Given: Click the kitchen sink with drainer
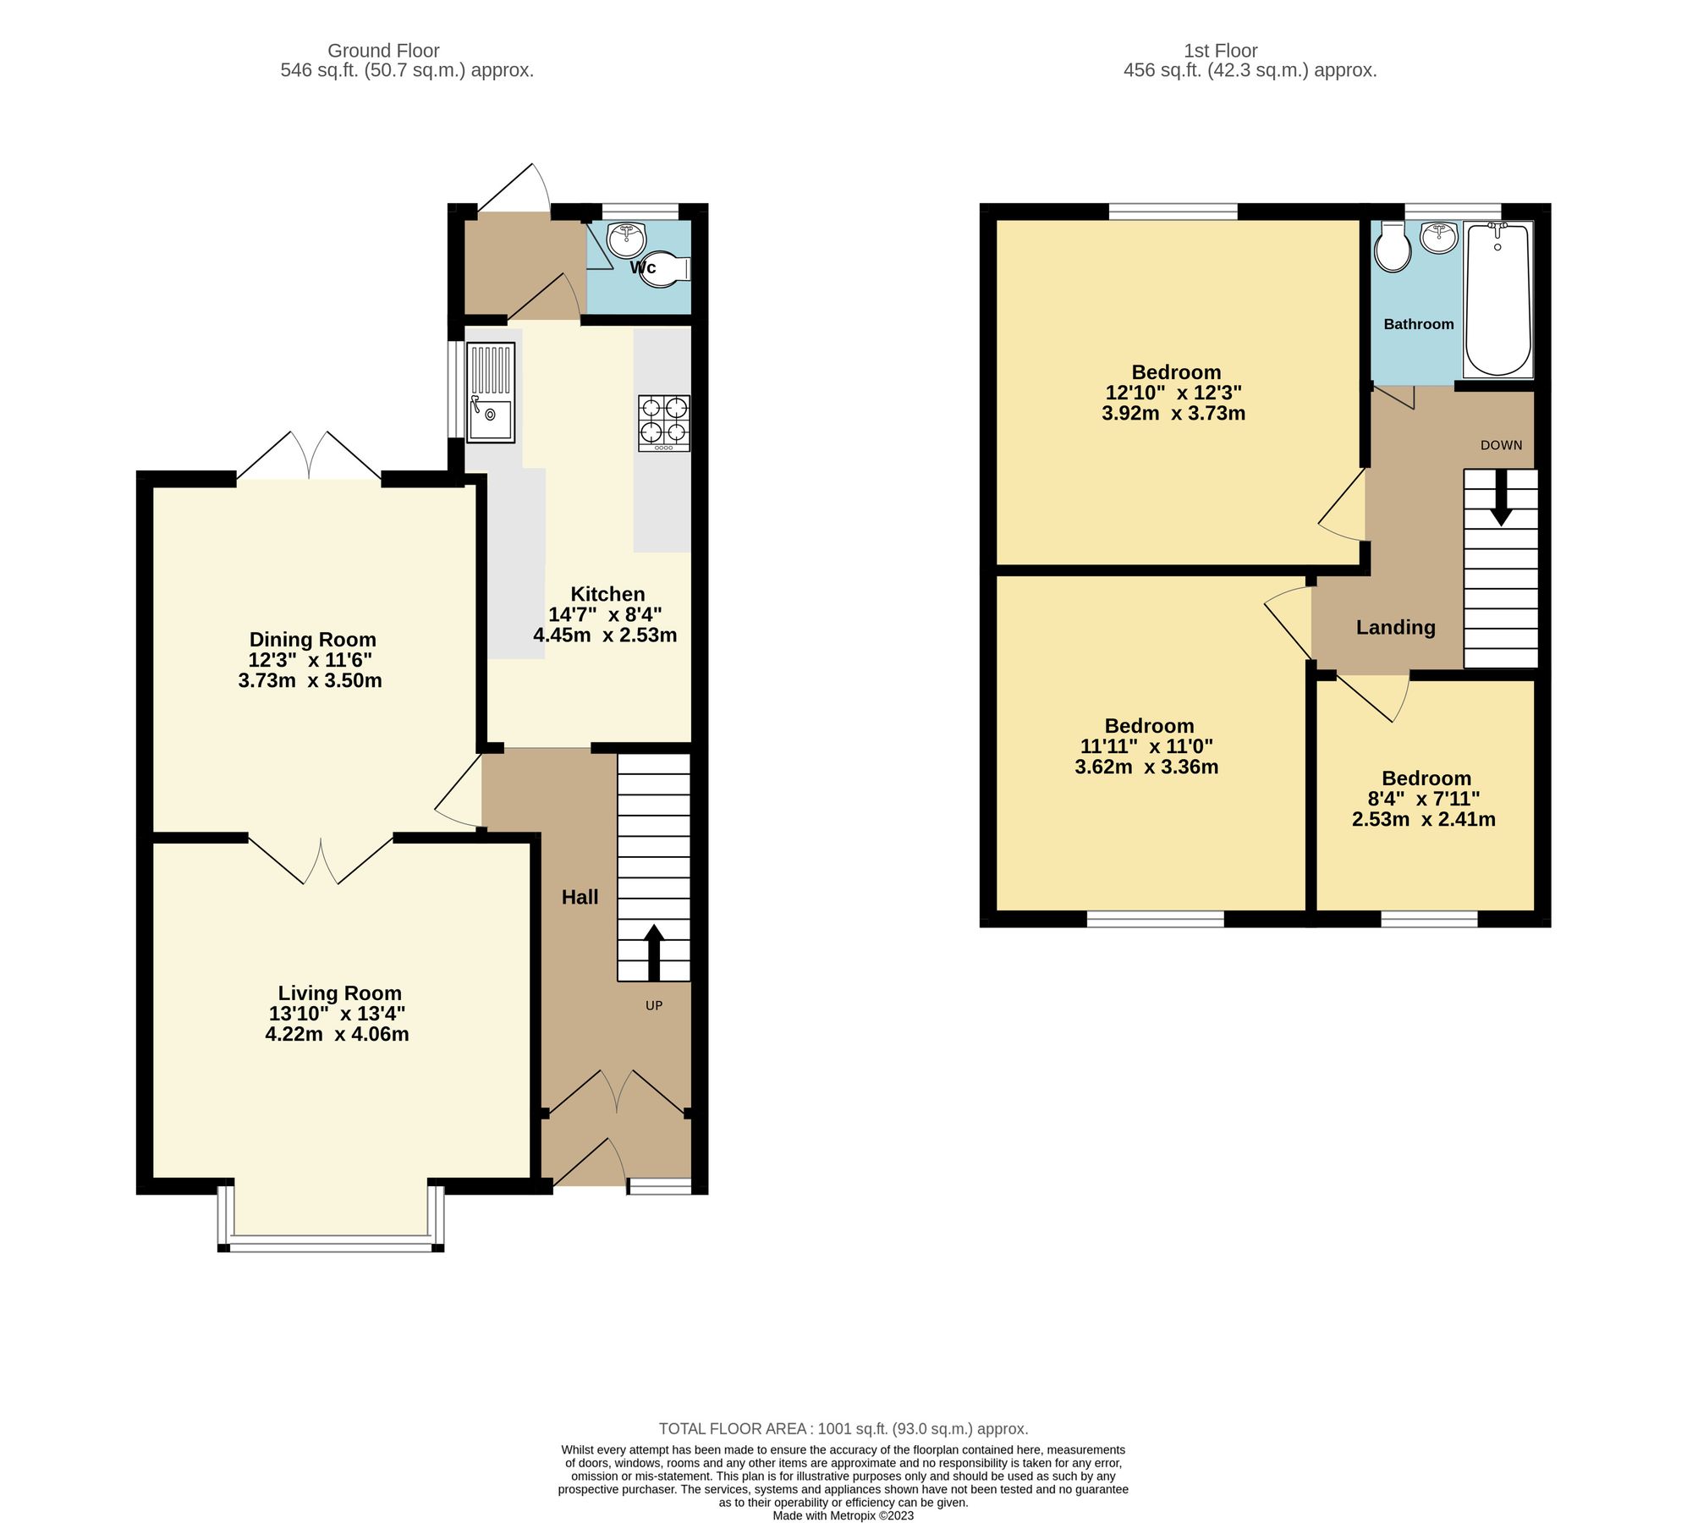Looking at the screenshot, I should coord(490,392).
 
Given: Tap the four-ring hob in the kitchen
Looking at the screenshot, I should coord(663,422).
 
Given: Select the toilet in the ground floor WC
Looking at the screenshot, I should coord(665,269).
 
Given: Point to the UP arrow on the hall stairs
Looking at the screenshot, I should coord(654,952).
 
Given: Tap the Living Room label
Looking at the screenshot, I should coord(339,992).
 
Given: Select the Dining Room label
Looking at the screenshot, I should coord(312,640).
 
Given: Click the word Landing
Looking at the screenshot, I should coord(1395,627).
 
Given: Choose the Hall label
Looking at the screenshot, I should coord(580,897).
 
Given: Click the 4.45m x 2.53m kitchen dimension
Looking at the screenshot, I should coord(605,635).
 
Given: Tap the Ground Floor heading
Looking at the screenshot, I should coord(383,51).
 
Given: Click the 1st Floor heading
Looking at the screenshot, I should coord(1220,51).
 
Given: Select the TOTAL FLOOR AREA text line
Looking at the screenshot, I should coord(843,1429).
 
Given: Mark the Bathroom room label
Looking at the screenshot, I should coord(1418,324).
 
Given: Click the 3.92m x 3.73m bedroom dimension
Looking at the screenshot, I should coord(1173,413).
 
